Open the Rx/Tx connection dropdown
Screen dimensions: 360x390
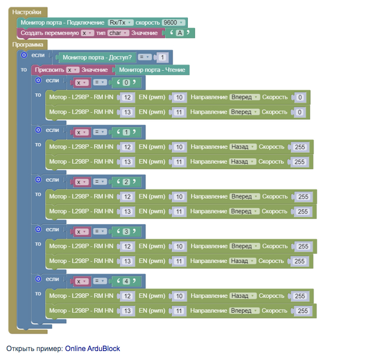click(x=120, y=22)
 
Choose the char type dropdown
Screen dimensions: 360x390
click(x=118, y=33)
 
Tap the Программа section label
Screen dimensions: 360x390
click(x=28, y=44)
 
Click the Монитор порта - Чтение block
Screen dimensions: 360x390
click(x=152, y=70)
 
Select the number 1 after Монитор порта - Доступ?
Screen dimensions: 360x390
click(x=162, y=57)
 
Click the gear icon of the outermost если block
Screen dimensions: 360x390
click(x=23, y=55)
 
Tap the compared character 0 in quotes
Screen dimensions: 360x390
click(x=127, y=82)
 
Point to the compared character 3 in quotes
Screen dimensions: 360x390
click(x=127, y=231)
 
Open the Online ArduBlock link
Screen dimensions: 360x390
click(x=92, y=348)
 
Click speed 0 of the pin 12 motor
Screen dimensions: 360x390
click(x=300, y=97)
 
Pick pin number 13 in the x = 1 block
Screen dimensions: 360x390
click(x=128, y=162)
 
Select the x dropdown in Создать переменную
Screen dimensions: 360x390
click(x=87, y=33)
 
